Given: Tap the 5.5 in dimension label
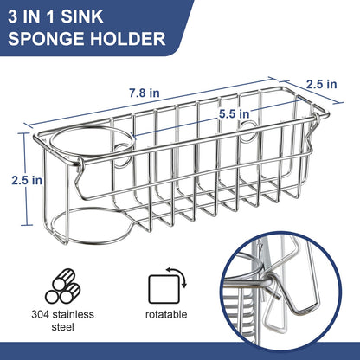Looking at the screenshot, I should coord(234,112).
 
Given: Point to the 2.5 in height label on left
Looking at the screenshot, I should coord(25,180).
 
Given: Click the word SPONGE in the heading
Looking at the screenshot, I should coord(53,38).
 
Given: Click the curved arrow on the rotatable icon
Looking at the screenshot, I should coord(180,276).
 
